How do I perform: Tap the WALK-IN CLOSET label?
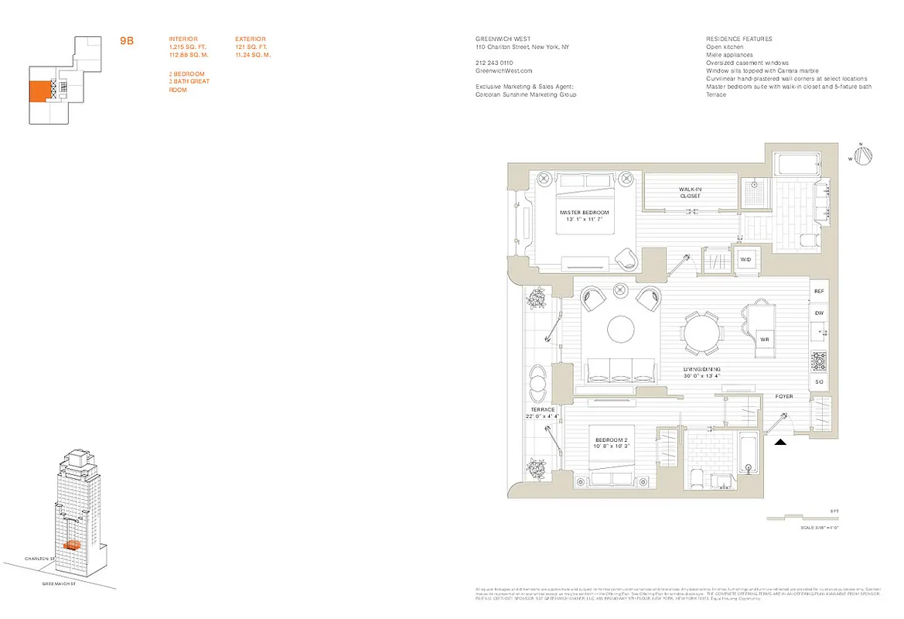pyautogui.click(x=690, y=192)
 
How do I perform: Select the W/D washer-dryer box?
pyautogui.click(x=746, y=259)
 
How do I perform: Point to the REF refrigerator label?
pyautogui.click(x=819, y=292)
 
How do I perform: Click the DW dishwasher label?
pyautogui.click(x=819, y=313)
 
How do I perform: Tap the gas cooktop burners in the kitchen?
pyautogui.click(x=819, y=361)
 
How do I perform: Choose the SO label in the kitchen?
pyautogui.click(x=819, y=382)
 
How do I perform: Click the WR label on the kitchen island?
pyautogui.click(x=763, y=339)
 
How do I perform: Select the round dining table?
pyautogui.click(x=703, y=330)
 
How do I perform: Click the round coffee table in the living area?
pyautogui.click(x=620, y=330)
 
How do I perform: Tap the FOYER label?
pyautogui.click(x=784, y=396)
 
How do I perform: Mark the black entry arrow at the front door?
pyautogui.click(x=781, y=442)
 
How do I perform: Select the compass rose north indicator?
pyautogui.click(x=864, y=156)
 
